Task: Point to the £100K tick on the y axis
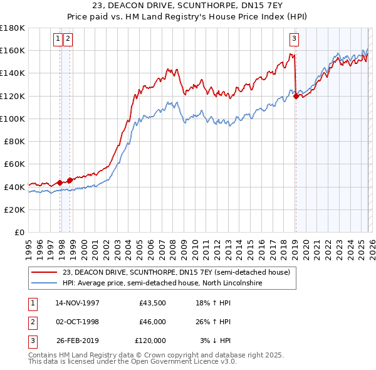coord(13,119)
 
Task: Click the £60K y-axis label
coord(14,164)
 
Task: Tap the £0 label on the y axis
coord(20,232)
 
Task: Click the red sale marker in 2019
coord(295,96)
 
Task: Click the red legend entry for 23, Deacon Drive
coord(176,273)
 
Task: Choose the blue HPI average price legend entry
coord(162,283)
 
